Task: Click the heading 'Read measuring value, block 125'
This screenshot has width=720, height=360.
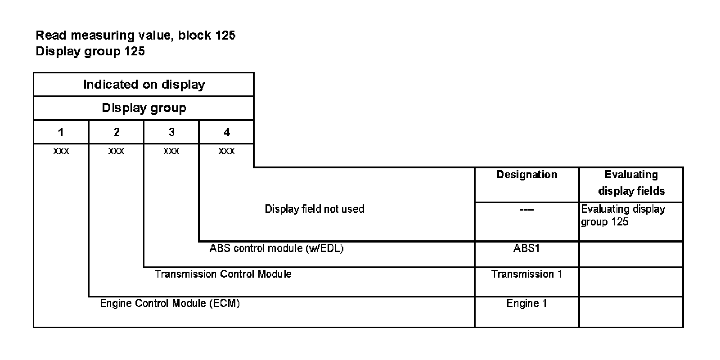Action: pyautogui.click(x=135, y=35)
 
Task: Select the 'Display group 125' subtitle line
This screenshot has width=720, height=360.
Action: pyautogui.click(x=90, y=51)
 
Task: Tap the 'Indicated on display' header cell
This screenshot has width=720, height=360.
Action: pyautogui.click(x=144, y=85)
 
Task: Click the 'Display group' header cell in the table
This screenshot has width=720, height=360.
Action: pyautogui.click(x=144, y=108)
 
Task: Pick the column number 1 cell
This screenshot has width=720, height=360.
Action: pyautogui.click(x=61, y=132)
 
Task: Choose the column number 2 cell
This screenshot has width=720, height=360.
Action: pyautogui.click(x=117, y=132)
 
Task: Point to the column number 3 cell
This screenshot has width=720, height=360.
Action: pyautogui.click(x=171, y=132)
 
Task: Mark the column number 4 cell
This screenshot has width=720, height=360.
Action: pyautogui.click(x=226, y=132)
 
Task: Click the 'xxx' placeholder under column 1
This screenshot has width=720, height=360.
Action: pyautogui.click(x=61, y=151)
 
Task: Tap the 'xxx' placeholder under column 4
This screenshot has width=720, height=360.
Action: pyautogui.click(x=226, y=151)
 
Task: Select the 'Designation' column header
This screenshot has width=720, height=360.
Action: pyautogui.click(x=527, y=175)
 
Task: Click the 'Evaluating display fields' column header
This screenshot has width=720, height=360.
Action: pyautogui.click(x=631, y=183)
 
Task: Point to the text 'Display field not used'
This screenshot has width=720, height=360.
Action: pyautogui.click(x=314, y=209)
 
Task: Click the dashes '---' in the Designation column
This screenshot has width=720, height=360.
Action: pyautogui.click(x=526, y=210)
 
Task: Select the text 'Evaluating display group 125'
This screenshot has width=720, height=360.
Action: pyautogui.click(x=623, y=216)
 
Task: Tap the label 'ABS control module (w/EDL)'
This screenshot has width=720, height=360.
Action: pyautogui.click(x=276, y=248)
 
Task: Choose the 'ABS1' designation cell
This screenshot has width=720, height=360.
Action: pyautogui.click(x=526, y=248)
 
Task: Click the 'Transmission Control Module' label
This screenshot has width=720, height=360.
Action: pyautogui.click(x=223, y=274)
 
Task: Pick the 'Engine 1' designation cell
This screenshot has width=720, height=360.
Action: pyautogui.click(x=526, y=303)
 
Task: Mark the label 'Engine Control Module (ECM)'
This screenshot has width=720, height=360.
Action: pyautogui.click(x=170, y=303)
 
